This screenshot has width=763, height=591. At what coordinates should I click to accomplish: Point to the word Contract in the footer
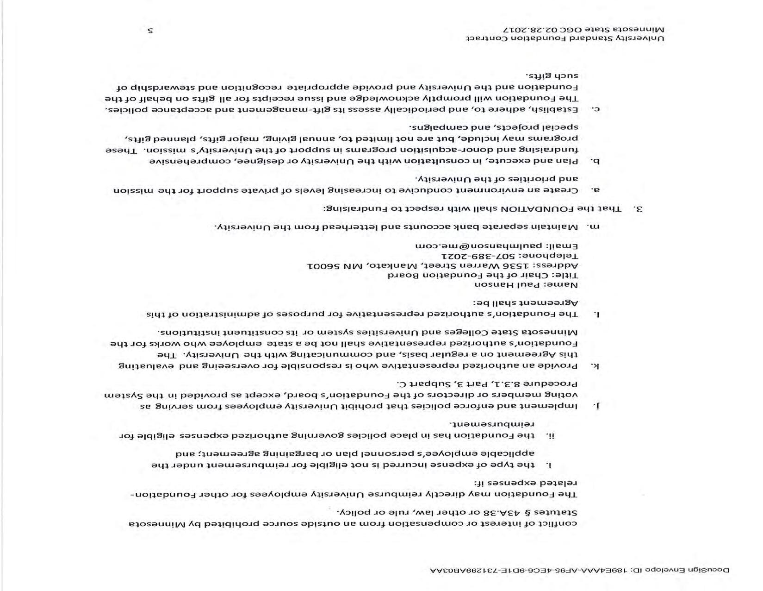(x=491, y=38)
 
